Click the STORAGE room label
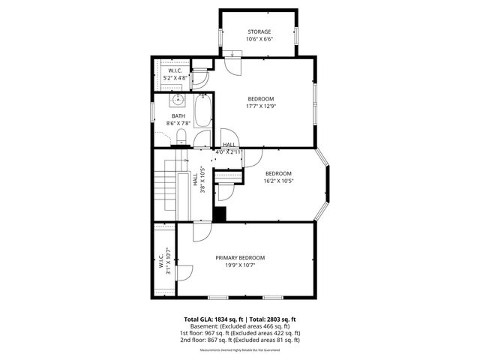point(260,31)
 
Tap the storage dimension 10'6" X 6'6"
point(260,39)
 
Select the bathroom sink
point(178,99)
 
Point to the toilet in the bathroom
point(181,135)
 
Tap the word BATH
point(178,115)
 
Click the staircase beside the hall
point(165,192)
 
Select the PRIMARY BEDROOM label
point(240,257)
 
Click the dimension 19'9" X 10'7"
point(240,265)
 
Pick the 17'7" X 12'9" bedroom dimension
point(260,106)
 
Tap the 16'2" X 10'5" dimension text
point(277,181)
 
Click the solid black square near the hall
point(220,214)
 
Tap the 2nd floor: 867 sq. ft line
point(240,340)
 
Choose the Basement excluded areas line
point(240,326)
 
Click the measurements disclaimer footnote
point(240,349)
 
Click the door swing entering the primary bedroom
point(200,232)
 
